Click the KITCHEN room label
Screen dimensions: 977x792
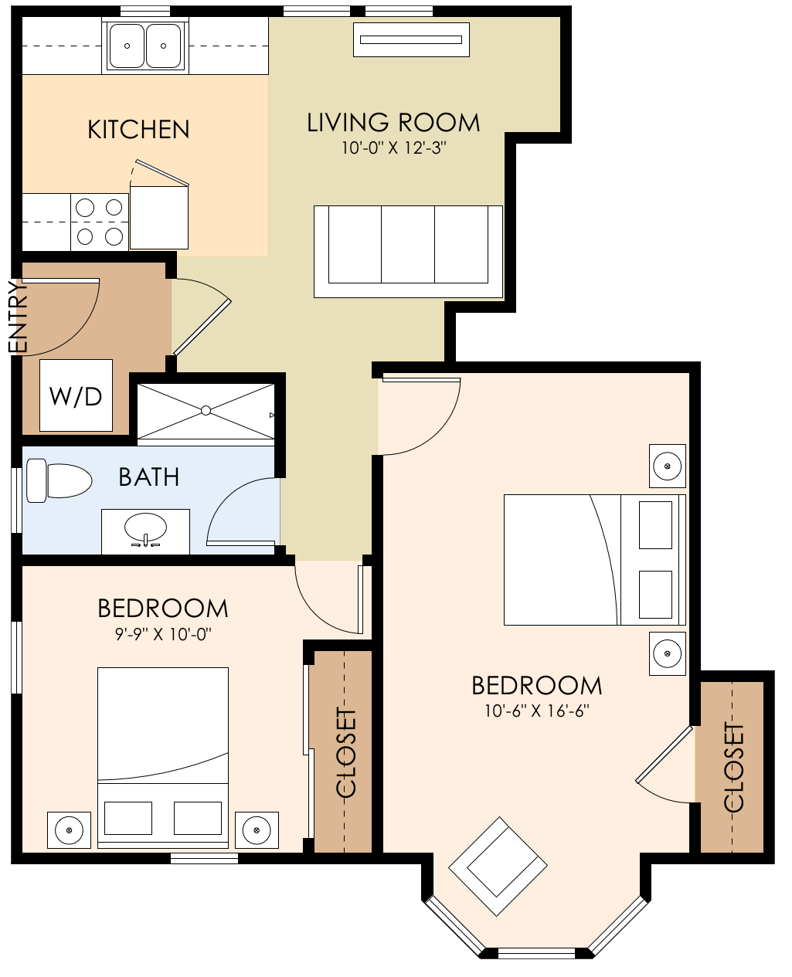pyautogui.click(x=138, y=129)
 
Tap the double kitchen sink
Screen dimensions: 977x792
pyautogui.click(x=145, y=46)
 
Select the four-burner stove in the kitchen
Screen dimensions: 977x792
pyautogui.click(x=100, y=222)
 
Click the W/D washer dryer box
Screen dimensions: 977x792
pyautogui.click(x=76, y=395)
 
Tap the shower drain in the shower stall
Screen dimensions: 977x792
pyautogui.click(x=206, y=411)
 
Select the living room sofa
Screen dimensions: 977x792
pyautogui.click(x=408, y=251)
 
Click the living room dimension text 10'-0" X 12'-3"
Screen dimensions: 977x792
pyautogui.click(x=394, y=148)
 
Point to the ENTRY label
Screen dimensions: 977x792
pyautogui.click(x=18, y=317)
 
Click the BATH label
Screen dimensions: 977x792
pyautogui.click(x=149, y=477)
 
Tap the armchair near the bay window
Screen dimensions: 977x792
pyautogui.click(x=499, y=867)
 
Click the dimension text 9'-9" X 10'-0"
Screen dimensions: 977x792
pyautogui.click(x=162, y=634)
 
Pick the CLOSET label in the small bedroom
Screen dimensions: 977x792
pyautogui.click(x=346, y=752)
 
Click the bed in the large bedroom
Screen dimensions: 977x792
pyautogui.click(x=593, y=560)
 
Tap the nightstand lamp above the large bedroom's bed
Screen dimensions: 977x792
pyautogui.click(x=667, y=466)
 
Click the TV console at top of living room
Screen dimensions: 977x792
pyautogui.click(x=411, y=39)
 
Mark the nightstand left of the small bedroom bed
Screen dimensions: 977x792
pyautogui.click(x=70, y=830)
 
